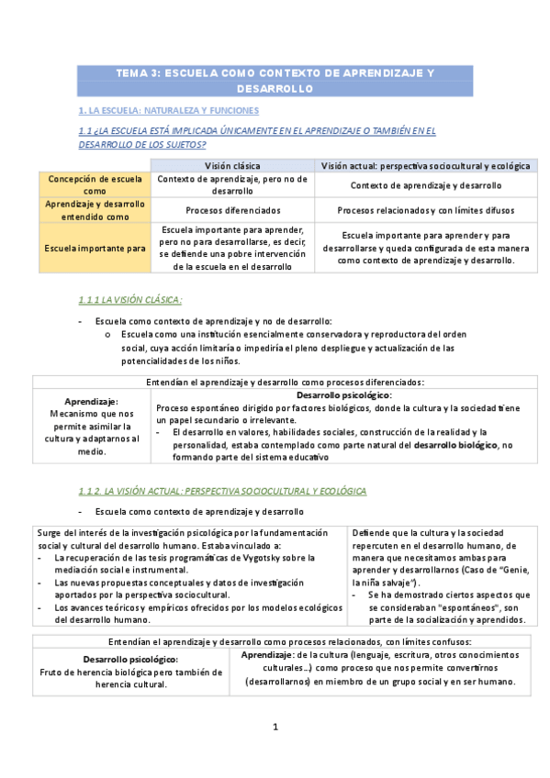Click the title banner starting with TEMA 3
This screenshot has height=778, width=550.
point(275,81)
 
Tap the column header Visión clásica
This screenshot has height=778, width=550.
point(232,165)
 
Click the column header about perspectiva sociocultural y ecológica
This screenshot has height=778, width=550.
point(425,165)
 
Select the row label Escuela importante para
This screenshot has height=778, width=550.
point(95,248)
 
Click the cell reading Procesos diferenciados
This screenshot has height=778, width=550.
point(232,210)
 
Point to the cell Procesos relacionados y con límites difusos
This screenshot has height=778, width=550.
point(425,210)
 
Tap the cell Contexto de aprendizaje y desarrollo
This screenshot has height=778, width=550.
point(425,184)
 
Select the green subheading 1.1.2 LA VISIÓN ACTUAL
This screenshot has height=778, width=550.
point(222,492)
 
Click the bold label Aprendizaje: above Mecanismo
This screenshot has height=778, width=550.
point(91,402)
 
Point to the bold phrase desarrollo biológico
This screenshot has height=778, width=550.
point(455,444)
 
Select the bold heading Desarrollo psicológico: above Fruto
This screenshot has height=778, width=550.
point(130,659)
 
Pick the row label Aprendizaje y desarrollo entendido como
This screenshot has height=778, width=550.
point(95,210)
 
